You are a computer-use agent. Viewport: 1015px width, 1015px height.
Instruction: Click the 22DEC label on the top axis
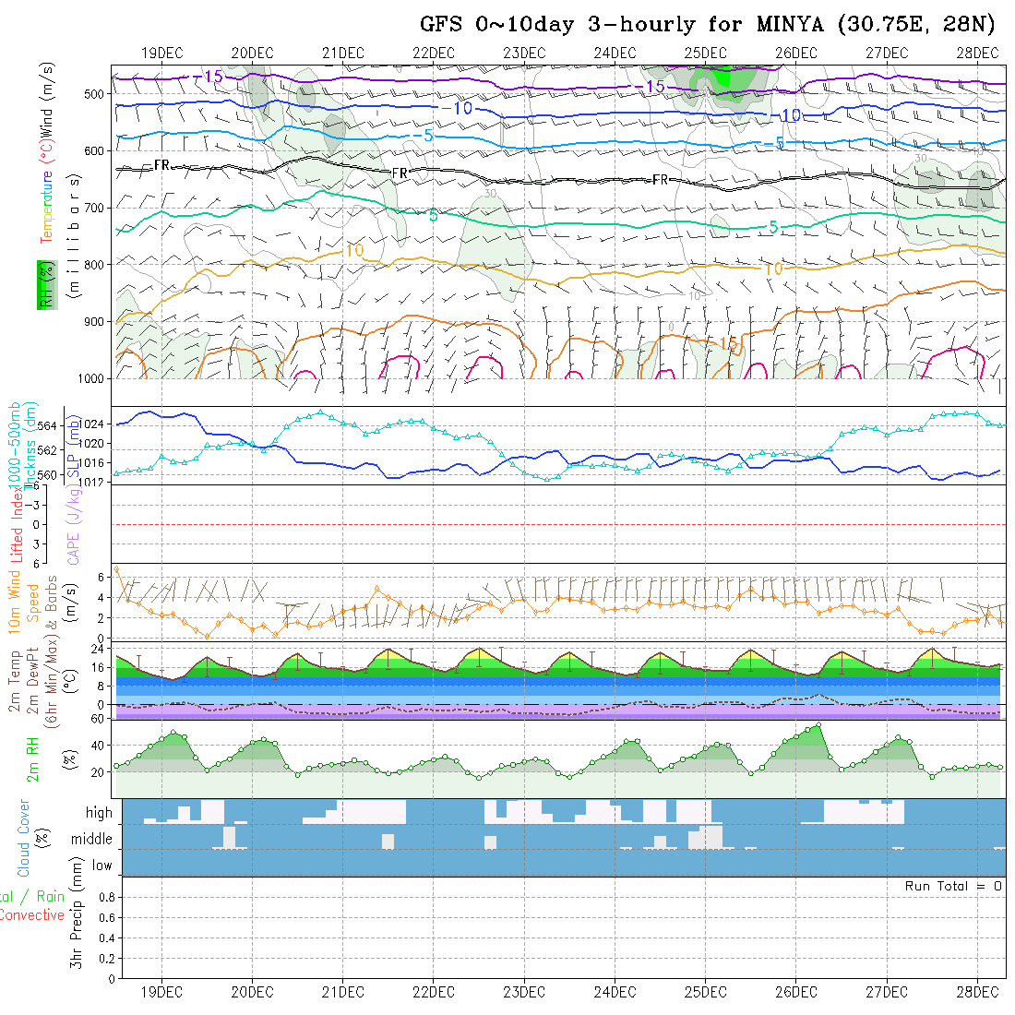point(434,53)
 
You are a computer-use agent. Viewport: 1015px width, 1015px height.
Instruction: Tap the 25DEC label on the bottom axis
point(705,992)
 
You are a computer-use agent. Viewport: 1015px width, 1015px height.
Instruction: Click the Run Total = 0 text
point(953,886)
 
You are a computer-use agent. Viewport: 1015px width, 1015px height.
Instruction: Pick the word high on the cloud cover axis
point(99,813)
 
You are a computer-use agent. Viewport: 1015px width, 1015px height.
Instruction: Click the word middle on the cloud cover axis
point(92,840)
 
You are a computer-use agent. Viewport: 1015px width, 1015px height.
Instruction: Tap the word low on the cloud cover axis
point(101,866)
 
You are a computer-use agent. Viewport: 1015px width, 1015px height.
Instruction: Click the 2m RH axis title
point(33,758)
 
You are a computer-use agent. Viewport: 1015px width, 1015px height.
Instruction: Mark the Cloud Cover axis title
point(24,838)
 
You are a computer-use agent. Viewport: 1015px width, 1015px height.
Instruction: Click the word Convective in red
point(31,915)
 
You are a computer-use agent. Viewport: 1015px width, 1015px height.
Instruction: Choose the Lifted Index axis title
point(16,522)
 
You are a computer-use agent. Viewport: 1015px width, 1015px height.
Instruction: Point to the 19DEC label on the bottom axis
point(161,992)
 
